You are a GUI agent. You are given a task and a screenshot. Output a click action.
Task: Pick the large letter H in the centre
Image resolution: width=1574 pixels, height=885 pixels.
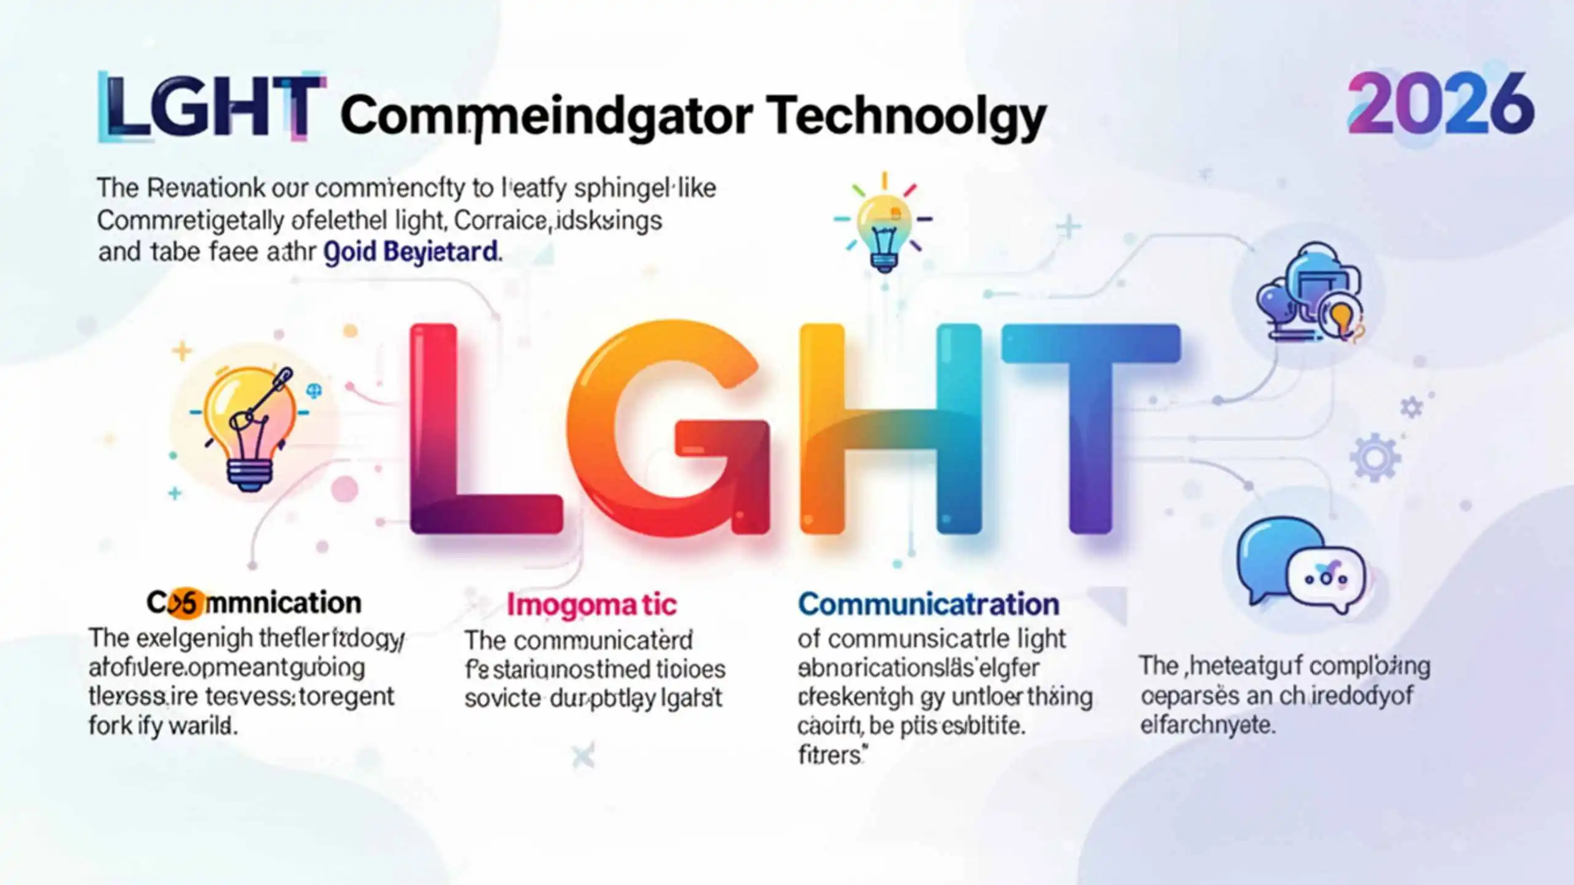pyautogui.click(x=892, y=430)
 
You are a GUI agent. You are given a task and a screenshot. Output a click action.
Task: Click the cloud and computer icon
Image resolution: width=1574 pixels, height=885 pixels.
pyautogui.click(x=1310, y=293)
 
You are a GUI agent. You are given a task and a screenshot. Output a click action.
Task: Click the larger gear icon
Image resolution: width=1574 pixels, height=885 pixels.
pyautogui.click(x=1375, y=457)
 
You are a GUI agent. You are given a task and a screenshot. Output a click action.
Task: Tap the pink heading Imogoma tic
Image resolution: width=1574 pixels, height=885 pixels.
pyautogui.click(x=591, y=605)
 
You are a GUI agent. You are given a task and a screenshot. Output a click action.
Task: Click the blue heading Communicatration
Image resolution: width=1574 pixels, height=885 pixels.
pyautogui.click(x=928, y=605)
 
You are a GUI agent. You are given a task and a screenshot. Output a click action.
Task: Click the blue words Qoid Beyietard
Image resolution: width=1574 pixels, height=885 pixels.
pyautogui.click(x=411, y=252)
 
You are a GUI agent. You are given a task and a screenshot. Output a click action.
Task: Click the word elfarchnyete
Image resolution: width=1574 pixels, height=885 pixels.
pyautogui.click(x=1208, y=725)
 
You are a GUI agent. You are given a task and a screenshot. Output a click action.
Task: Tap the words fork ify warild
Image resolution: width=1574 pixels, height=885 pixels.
pyautogui.click(x=163, y=726)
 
